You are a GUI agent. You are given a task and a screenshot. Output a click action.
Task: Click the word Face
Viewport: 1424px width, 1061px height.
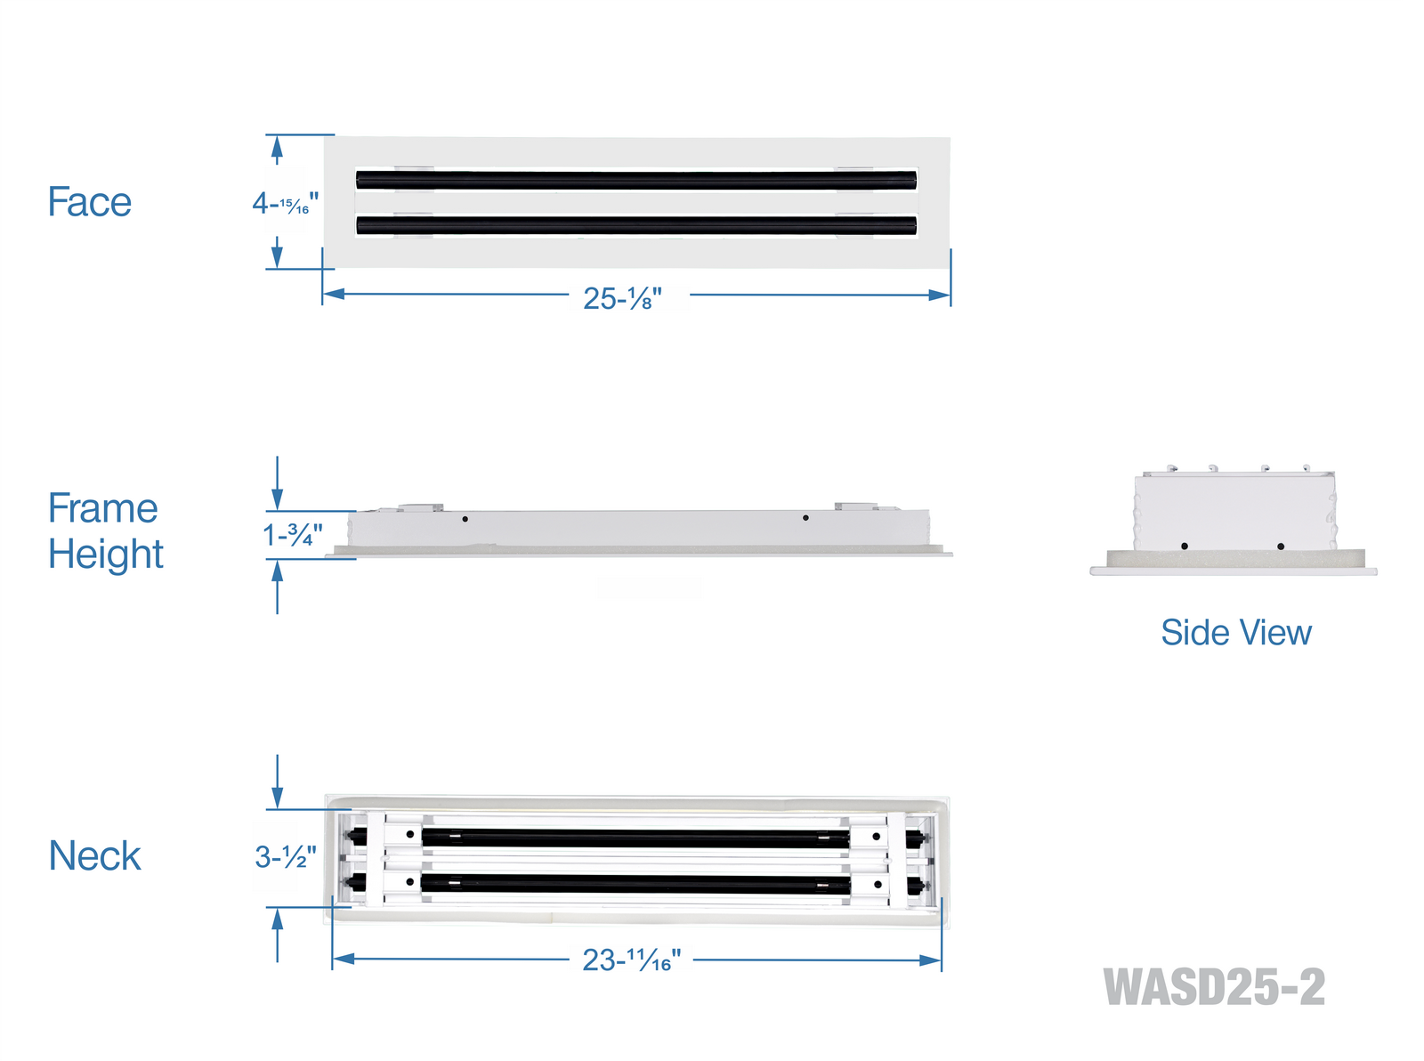(x=89, y=202)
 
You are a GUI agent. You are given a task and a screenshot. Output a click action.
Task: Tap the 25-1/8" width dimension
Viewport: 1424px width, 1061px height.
(x=622, y=298)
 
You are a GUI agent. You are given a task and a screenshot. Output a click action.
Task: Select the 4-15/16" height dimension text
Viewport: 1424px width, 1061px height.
(x=285, y=204)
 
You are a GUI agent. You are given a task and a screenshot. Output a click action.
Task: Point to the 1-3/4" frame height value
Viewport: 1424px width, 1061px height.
(x=293, y=534)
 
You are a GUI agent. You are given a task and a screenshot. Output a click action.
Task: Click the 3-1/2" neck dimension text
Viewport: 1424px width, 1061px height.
(x=286, y=857)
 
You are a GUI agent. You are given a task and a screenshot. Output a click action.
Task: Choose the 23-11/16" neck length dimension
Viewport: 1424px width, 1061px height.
(x=631, y=960)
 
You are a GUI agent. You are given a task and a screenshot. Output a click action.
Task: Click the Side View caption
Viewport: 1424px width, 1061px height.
(x=1236, y=633)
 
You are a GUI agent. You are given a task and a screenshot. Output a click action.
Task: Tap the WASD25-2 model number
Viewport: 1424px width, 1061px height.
(x=1214, y=987)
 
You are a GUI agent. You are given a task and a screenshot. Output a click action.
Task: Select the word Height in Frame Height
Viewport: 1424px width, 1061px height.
(x=106, y=554)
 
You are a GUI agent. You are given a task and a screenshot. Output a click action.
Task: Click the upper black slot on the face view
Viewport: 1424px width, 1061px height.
(x=636, y=180)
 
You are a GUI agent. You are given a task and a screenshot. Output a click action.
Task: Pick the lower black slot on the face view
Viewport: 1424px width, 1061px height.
(x=636, y=225)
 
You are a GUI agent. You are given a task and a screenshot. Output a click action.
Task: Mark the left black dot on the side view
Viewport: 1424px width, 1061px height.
(x=1185, y=546)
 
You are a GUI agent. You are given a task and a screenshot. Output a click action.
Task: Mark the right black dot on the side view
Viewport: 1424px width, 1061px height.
(x=1281, y=547)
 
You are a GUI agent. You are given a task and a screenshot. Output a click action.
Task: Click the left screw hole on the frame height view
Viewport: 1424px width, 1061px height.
(x=465, y=519)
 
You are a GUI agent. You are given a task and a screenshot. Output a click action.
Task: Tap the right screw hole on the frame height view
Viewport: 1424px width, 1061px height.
(x=805, y=518)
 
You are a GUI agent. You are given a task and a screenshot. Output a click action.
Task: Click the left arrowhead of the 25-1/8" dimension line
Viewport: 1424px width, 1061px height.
(x=333, y=294)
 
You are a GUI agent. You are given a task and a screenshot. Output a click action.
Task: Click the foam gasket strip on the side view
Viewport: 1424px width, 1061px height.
(x=1236, y=559)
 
